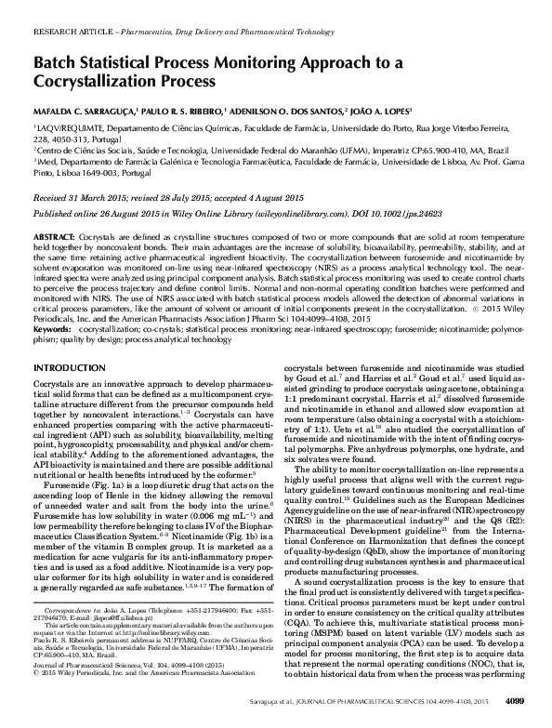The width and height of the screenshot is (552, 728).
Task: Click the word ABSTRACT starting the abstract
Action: pos(53,238)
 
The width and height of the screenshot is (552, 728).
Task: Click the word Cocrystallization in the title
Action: pos(95,80)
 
